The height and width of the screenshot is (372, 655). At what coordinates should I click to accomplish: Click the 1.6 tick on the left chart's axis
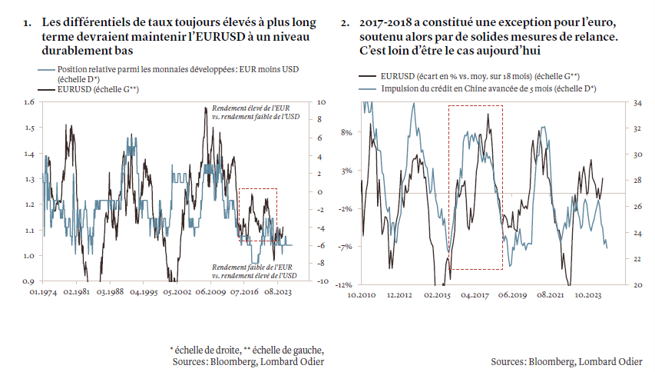[x=30, y=102]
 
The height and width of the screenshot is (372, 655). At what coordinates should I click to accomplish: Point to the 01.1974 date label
[x=43, y=292]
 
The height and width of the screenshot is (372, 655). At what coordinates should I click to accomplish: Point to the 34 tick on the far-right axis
[x=636, y=102]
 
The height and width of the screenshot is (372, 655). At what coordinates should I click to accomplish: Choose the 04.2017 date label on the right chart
[x=475, y=294]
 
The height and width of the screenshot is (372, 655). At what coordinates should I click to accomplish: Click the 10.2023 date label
[x=591, y=294]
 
